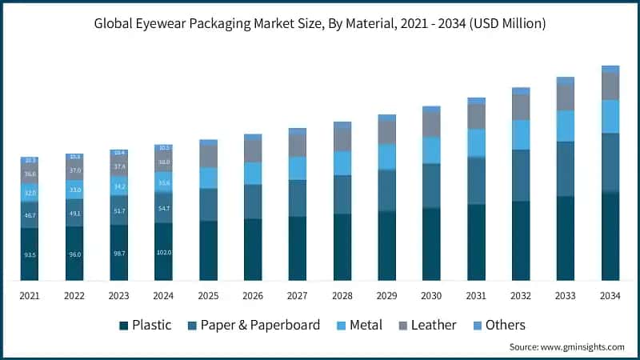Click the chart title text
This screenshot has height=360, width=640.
coord(320,24)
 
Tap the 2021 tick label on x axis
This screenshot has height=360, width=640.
coord(30,296)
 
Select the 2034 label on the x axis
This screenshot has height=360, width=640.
coord(610,296)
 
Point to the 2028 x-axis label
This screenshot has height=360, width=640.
coord(342,296)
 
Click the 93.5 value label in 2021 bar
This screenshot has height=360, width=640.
coord(30,254)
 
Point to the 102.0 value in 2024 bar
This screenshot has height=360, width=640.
coord(163,252)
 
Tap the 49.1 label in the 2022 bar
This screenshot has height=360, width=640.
coord(74,214)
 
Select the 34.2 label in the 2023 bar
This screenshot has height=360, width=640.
coord(119,186)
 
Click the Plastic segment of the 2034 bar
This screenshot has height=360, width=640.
coord(610,236)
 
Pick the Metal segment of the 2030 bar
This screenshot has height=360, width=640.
coord(432,150)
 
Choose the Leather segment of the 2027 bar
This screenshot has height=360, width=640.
coord(298,145)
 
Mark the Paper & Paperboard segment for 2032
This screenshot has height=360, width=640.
coord(521,175)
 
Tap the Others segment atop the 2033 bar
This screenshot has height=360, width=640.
coord(566,81)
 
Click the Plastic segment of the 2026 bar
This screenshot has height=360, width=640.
coord(253,250)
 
